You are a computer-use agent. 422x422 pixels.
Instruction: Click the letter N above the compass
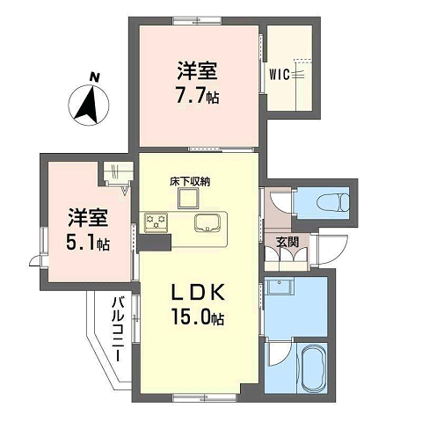pyautogui.click(x=94, y=77)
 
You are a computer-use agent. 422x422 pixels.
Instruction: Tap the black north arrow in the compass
pyautogui.click(x=87, y=106)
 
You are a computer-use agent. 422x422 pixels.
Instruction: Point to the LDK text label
pyautogui.click(x=198, y=293)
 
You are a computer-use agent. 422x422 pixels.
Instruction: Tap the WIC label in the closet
pyautogui.click(x=280, y=75)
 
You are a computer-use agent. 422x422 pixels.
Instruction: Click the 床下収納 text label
pyautogui.click(x=190, y=182)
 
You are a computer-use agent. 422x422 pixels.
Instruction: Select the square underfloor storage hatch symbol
pyautogui.click(x=188, y=199)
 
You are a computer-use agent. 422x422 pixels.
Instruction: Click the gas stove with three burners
pyautogui.click(x=156, y=222)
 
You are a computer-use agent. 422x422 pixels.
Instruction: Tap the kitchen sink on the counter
pyautogui.click(x=207, y=223)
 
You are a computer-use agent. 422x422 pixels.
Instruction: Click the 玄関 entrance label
pyautogui.click(x=287, y=242)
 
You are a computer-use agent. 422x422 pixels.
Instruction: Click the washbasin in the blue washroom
pyautogui.click(x=281, y=287)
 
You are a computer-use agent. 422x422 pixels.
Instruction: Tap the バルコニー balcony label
pyautogui.click(x=119, y=329)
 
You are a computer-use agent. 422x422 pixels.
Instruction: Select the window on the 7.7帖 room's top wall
pyautogui.click(x=197, y=21)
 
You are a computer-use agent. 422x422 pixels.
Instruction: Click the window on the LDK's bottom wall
pyautogui.click(x=204, y=397)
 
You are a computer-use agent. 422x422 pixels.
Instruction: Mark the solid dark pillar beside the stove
pyautogui.click(x=155, y=243)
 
